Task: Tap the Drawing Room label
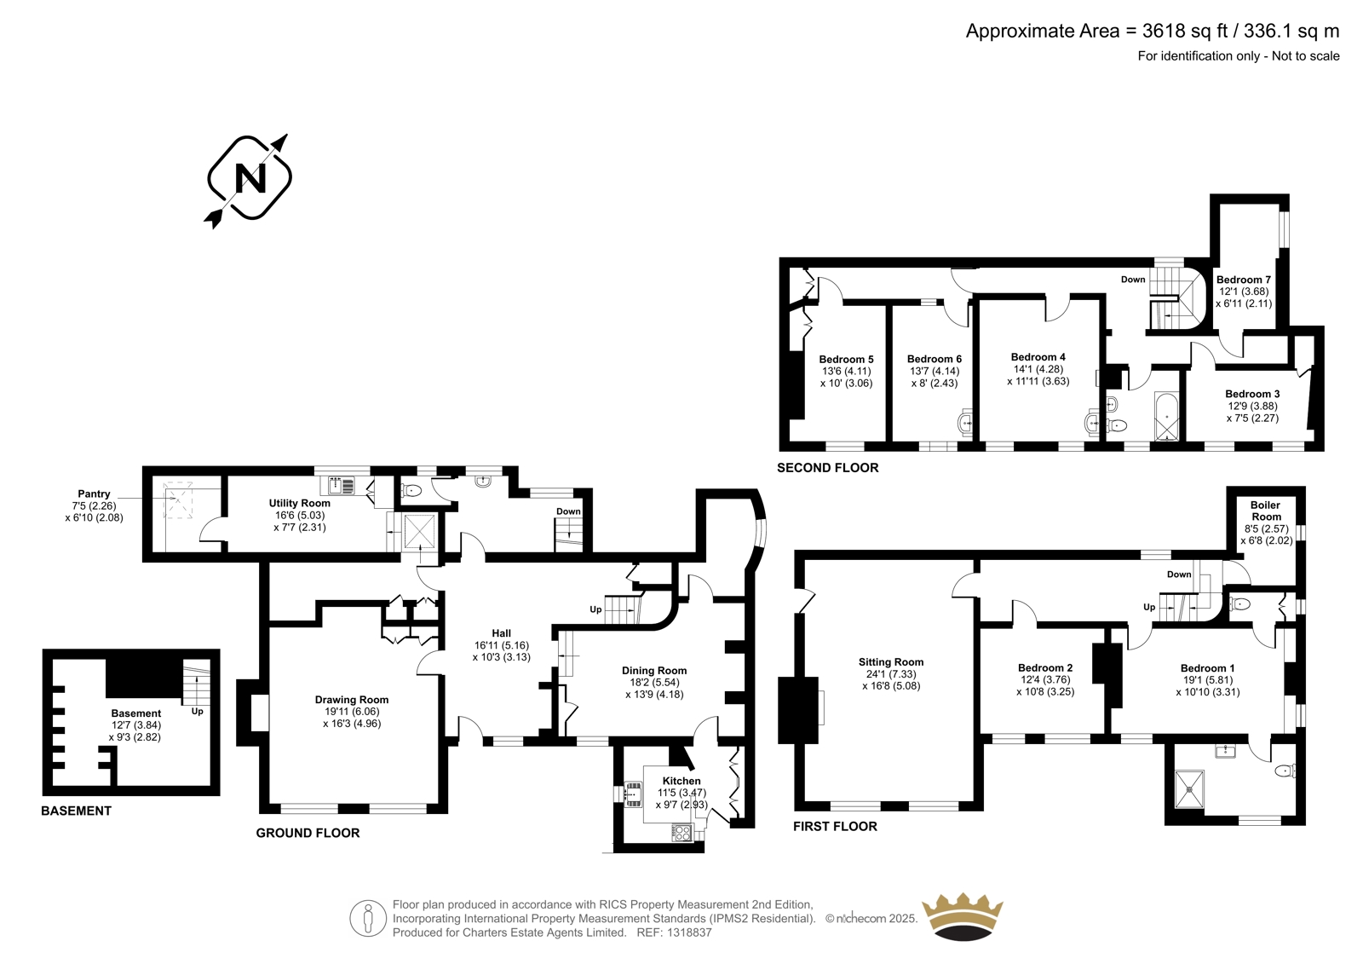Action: (352, 700)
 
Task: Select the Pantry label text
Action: (94, 494)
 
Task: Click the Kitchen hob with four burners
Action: (682, 832)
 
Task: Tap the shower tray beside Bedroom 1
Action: (1189, 789)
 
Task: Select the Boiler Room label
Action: (1266, 511)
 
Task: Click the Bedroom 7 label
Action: (1244, 280)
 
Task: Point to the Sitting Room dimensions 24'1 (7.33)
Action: (891, 673)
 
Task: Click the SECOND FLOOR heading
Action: (827, 468)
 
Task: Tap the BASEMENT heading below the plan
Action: (76, 811)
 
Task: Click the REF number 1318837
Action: (689, 932)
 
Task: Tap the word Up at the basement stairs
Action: (197, 711)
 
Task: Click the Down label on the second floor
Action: (1133, 280)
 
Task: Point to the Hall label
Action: (502, 633)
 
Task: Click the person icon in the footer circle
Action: (367, 918)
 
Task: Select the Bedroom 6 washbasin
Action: (964, 422)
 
